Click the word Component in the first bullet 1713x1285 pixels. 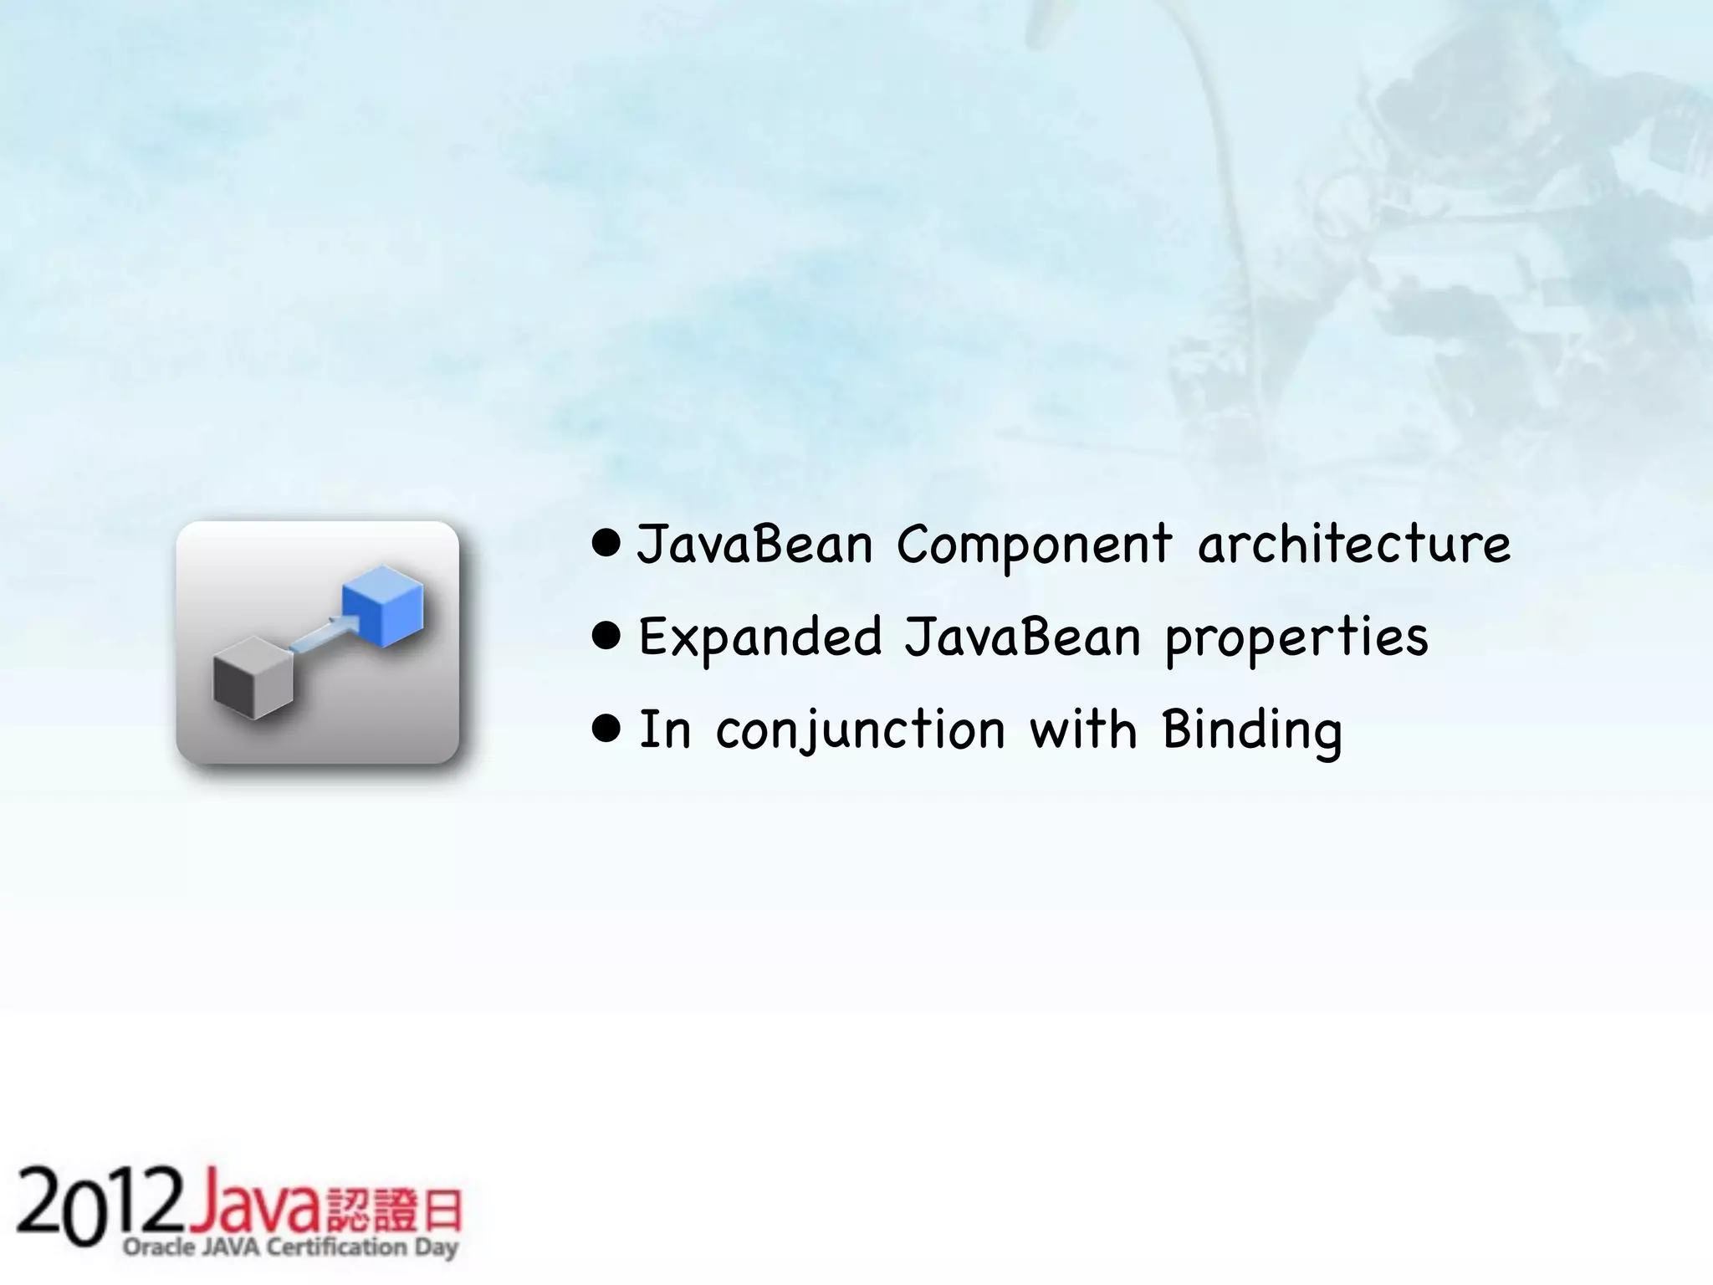1034,545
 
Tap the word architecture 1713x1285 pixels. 1354,544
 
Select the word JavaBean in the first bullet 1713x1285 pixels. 754,544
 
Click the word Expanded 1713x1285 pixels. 759,637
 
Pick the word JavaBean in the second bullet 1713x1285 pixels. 1022,637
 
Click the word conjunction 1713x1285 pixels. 861,730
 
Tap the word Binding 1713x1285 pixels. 1252,730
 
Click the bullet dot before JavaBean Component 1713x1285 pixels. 606,544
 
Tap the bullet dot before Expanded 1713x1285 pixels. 606,637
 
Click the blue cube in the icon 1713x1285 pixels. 383,604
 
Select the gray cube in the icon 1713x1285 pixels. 253,677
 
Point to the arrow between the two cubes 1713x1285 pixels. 322,633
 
